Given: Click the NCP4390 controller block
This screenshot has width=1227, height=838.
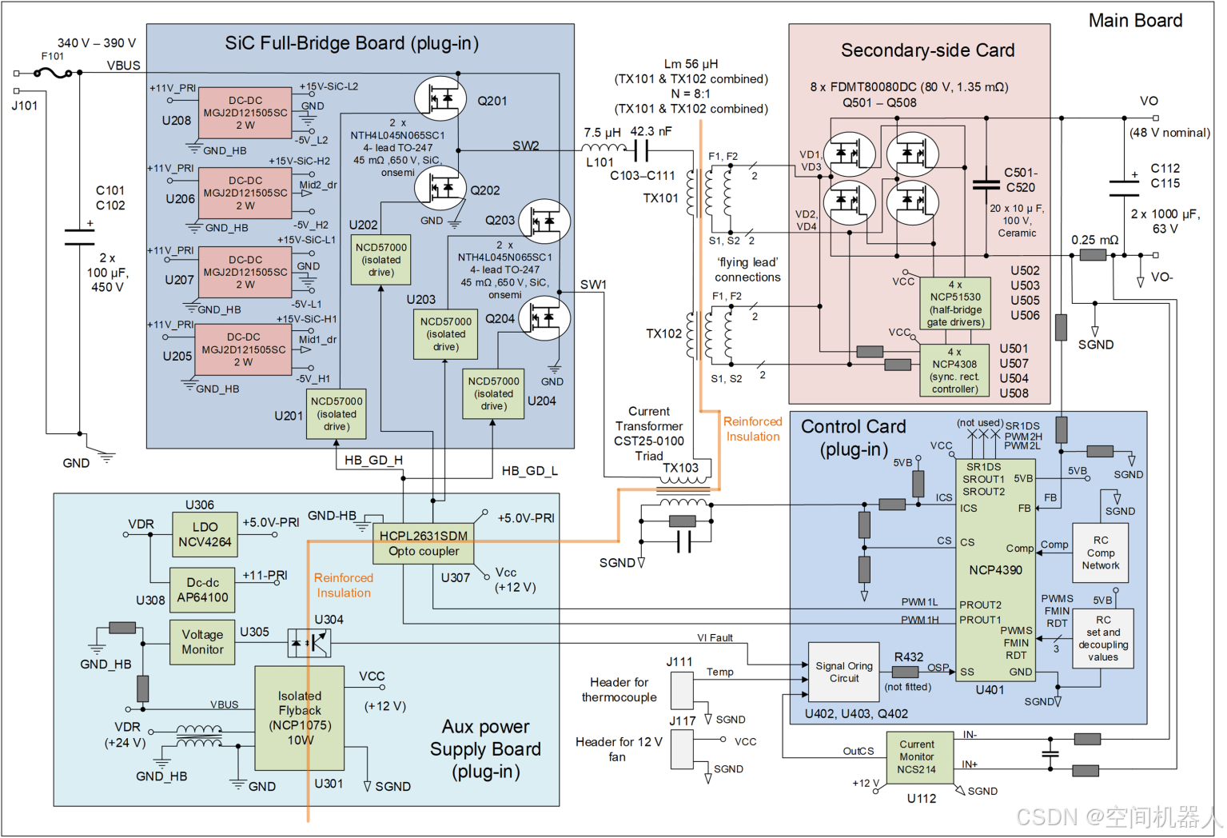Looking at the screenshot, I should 995,569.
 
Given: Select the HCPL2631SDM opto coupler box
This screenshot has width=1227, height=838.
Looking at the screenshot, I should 424,544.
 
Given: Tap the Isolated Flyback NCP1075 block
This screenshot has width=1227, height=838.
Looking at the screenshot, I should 300,718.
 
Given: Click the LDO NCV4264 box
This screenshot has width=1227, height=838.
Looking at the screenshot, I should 205,535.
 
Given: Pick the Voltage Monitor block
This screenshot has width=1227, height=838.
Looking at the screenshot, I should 202,642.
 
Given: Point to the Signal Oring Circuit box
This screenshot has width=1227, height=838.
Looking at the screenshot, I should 844,672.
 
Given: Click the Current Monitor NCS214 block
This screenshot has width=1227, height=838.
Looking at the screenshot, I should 916,757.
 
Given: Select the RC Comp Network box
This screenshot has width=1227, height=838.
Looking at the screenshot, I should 1100,553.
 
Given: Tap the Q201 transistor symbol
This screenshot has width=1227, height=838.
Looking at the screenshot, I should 440,98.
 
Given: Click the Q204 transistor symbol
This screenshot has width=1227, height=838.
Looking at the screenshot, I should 544,317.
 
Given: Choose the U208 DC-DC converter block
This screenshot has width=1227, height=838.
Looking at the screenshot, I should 245,113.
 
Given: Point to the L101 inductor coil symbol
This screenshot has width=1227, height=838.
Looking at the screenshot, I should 603,149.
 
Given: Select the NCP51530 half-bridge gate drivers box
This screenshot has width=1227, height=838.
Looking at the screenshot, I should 955,303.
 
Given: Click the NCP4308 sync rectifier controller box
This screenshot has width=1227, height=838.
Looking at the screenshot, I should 954,370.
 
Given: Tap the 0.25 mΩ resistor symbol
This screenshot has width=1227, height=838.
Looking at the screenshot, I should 1093,255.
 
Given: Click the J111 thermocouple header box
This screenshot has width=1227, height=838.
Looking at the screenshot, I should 682,690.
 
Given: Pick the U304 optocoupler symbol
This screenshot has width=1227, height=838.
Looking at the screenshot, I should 309,642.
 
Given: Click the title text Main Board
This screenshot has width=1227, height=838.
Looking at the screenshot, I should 1135,21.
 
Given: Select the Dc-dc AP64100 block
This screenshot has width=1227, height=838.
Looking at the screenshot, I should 202,590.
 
